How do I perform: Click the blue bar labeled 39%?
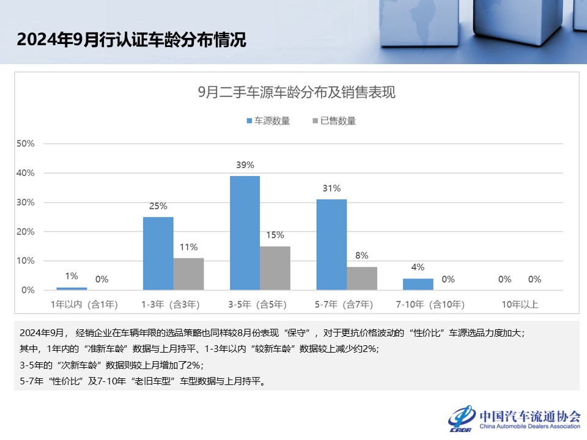[x=245, y=233]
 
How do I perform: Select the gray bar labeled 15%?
[x=275, y=268]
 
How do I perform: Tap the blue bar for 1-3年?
[x=158, y=253]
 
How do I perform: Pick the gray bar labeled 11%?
[x=188, y=274]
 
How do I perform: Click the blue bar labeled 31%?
[x=331, y=244]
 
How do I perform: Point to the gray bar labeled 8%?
[x=362, y=278]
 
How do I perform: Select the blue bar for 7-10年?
[x=418, y=284]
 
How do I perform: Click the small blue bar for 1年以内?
[x=72, y=288]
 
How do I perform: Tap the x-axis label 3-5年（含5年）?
[x=260, y=304]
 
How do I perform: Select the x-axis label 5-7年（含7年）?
[x=347, y=304]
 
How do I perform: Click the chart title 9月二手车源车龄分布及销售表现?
[x=297, y=93]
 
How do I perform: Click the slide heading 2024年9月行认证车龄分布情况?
[x=131, y=40]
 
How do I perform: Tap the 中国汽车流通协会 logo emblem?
[x=462, y=417]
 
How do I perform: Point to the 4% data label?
[x=418, y=267]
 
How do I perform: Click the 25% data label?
[x=158, y=206]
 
